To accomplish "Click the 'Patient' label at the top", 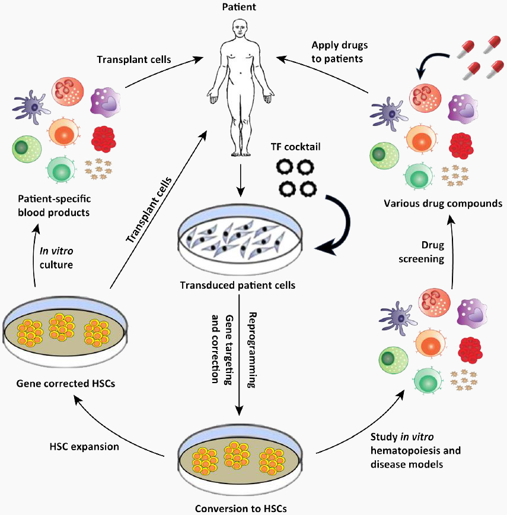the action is [239, 7].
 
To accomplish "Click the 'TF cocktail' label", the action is [295, 147].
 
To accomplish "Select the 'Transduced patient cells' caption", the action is [238, 285].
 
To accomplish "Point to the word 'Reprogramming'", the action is [252, 350].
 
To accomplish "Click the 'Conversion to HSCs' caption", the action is [241, 508].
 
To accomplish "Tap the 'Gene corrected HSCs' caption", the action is [66, 383].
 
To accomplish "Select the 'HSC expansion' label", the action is [84, 447].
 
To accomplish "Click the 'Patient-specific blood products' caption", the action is [54, 206].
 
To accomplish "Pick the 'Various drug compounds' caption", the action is [443, 204].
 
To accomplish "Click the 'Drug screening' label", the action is [422, 252].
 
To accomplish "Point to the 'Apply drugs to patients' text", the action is [339, 52].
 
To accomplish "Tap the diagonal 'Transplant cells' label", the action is [149, 210].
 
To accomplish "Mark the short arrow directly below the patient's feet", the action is [241, 181].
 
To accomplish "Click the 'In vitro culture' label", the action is [56, 258].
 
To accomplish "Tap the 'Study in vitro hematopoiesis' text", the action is [416, 443].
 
